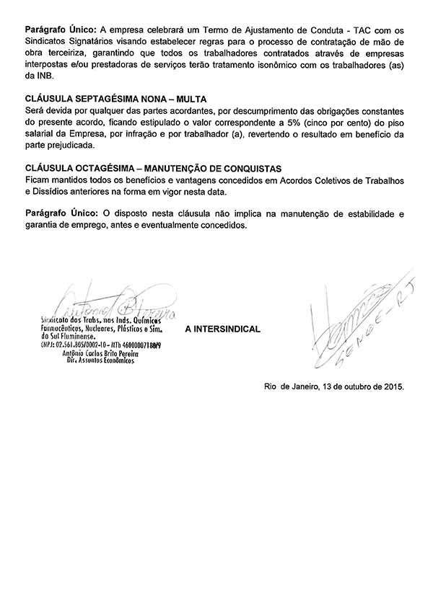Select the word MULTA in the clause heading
(x=190, y=98)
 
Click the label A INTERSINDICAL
(x=223, y=329)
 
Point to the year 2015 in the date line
(x=390, y=386)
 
